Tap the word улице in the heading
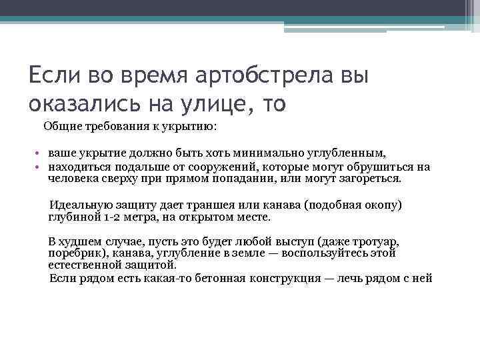[218, 103]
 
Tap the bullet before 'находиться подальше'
[40, 167]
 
